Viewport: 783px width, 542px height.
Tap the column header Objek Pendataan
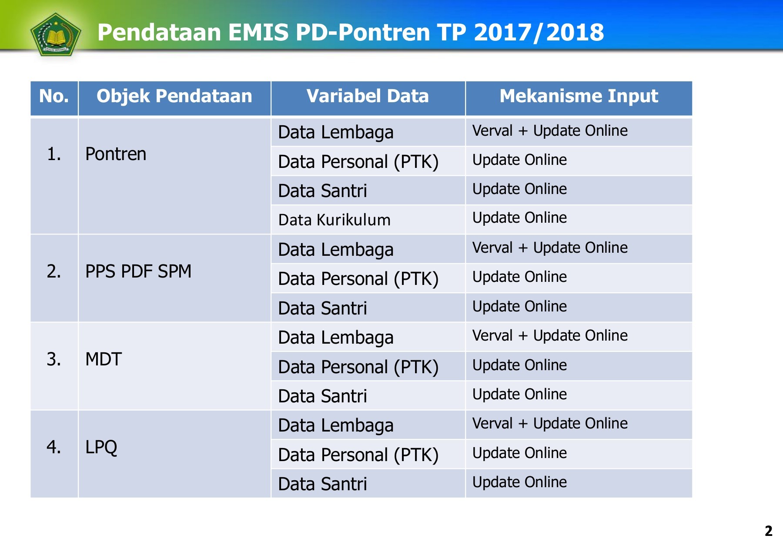coord(174,96)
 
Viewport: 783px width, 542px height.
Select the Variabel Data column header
coord(368,96)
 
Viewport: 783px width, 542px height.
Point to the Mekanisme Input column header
coord(579,96)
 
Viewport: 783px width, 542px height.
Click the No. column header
coord(54,96)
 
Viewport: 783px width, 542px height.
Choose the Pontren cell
coord(116,154)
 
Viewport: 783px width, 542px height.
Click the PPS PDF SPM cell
coord(138,271)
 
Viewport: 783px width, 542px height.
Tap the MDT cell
coord(104,359)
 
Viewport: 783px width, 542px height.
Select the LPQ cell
coord(101,447)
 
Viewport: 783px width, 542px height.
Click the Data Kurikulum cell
coord(334,220)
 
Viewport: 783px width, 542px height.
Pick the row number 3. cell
coord(54,359)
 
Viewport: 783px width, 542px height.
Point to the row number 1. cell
coord(54,154)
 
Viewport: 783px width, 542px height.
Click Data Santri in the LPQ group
coord(322,484)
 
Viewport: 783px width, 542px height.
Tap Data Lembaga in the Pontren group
coord(335,132)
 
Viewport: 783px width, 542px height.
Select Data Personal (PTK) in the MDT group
coord(358,367)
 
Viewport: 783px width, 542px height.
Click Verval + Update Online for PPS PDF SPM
coord(550,248)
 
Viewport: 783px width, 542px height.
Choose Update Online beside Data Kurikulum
coord(519,218)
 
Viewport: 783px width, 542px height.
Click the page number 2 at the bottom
coord(768,531)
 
